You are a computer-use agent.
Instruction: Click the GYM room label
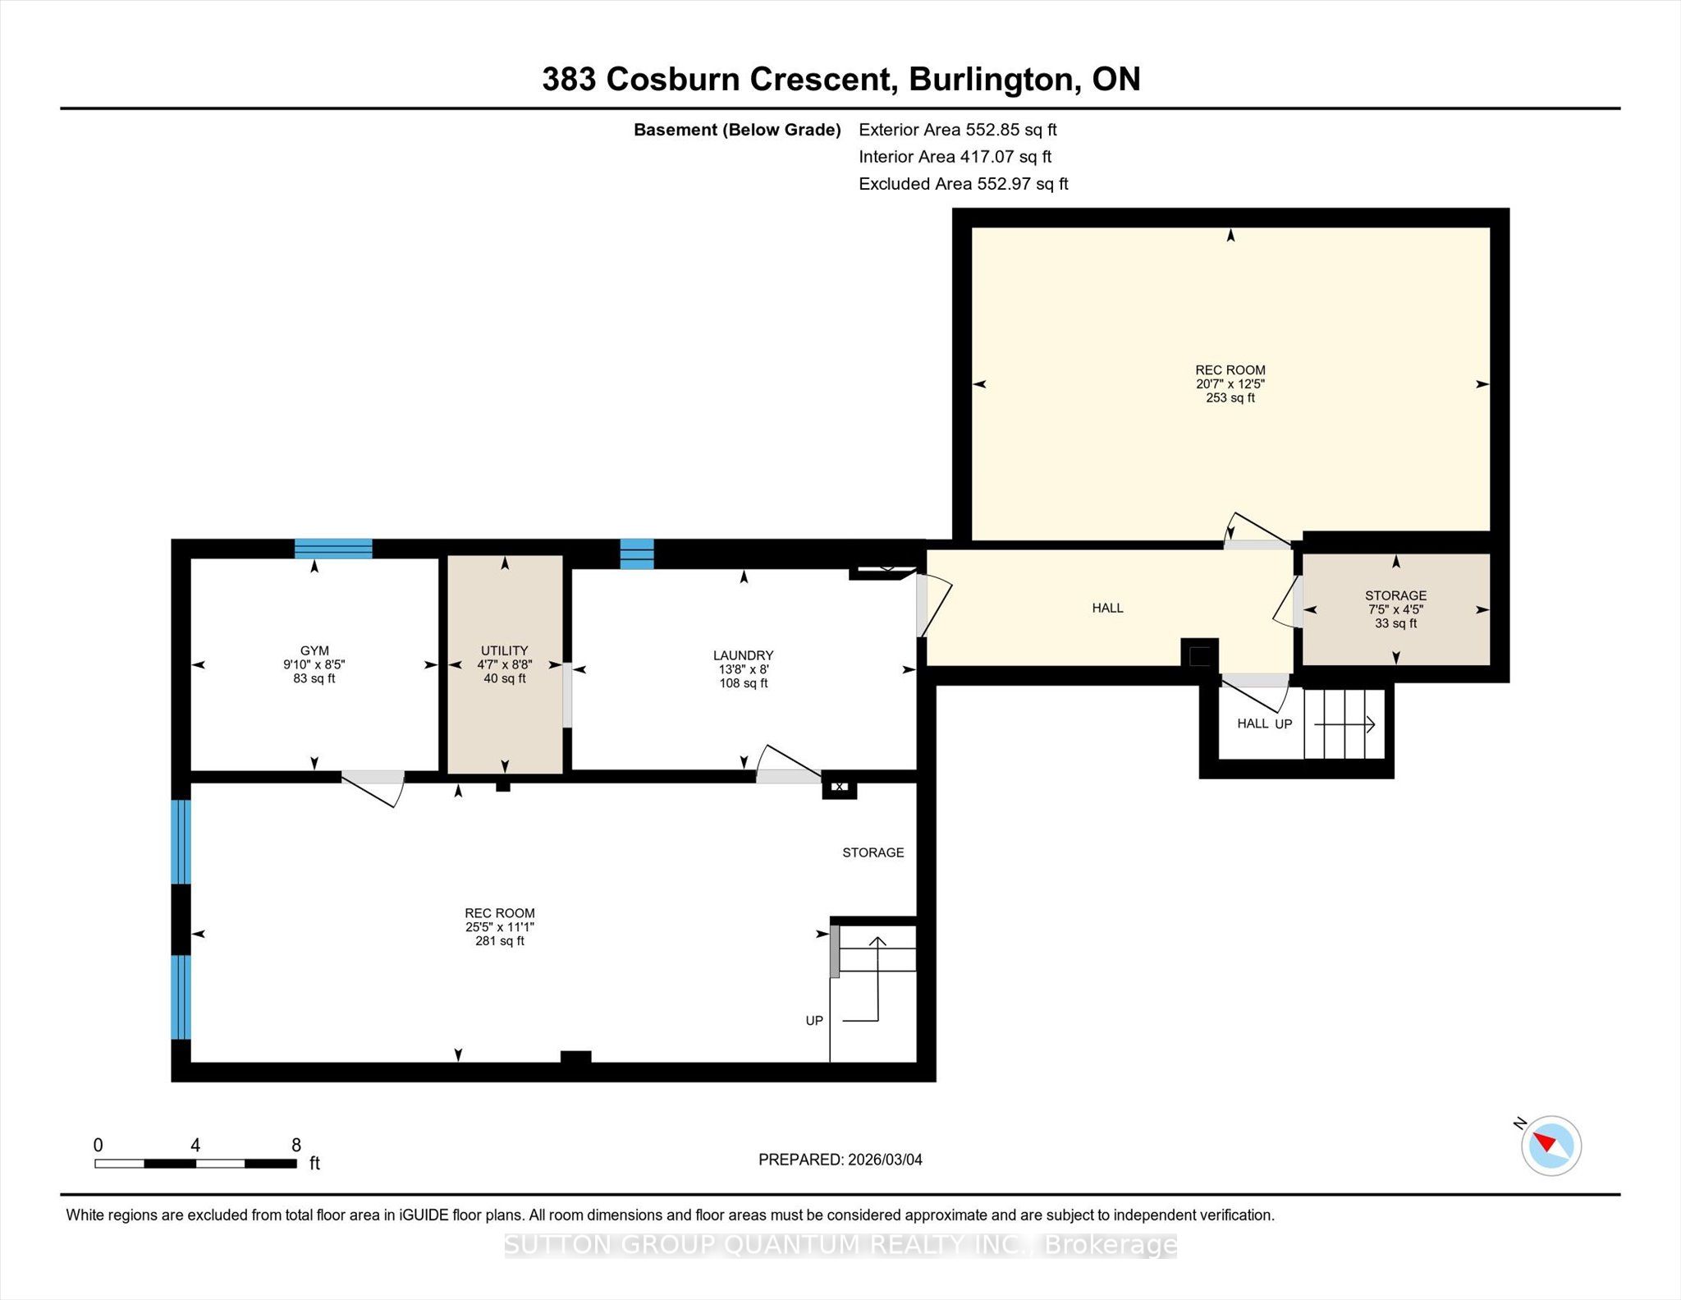[x=314, y=650]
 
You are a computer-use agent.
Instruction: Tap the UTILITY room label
[x=504, y=650]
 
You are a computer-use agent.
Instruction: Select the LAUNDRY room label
[x=743, y=655]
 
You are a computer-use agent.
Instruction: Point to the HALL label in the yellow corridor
[x=1107, y=608]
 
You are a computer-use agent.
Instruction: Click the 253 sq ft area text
[x=1230, y=397]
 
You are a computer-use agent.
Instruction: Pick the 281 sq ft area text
[x=499, y=940]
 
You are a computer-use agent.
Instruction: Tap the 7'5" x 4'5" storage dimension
[x=1395, y=609]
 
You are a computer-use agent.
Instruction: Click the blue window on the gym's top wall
[x=333, y=549]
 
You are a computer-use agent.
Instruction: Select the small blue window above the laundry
[x=637, y=554]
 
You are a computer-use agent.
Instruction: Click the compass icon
[x=1550, y=1145]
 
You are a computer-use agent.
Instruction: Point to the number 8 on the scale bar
[x=296, y=1145]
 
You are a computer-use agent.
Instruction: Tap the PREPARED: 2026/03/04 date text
[x=840, y=1160]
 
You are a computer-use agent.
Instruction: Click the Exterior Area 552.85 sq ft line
[x=958, y=130]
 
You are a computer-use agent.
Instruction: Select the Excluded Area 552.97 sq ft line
[x=964, y=184]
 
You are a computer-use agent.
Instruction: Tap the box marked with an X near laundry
[x=840, y=787]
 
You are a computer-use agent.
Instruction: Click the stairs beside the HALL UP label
[x=1344, y=724]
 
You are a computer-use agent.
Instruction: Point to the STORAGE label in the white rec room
[x=873, y=852]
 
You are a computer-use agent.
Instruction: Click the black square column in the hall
[x=1199, y=655]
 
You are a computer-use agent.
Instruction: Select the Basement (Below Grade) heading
[x=737, y=130]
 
